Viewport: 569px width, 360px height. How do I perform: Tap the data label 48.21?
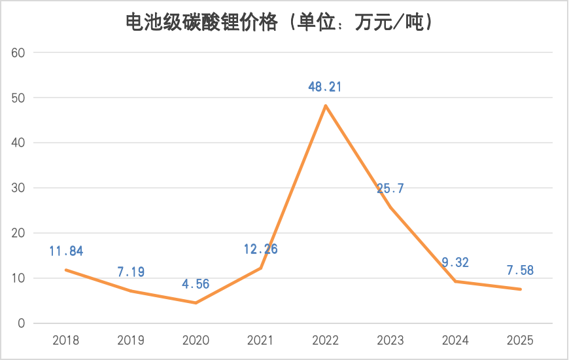325,87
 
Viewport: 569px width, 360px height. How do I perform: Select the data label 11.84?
66,251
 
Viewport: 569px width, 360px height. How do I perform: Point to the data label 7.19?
131,272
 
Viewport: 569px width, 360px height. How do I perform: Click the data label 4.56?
196,285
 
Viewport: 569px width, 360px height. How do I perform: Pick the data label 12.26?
260,249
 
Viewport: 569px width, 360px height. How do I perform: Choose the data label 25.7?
390,189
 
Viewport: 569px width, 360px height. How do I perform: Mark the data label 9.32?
455,263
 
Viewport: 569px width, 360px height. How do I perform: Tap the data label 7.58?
521,270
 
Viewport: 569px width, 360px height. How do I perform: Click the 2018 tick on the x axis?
66,340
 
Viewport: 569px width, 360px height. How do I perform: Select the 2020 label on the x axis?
196,340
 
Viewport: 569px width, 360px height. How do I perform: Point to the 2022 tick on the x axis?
325,340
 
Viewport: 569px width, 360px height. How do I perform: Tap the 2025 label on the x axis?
521,340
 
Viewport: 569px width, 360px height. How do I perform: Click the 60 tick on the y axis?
18,52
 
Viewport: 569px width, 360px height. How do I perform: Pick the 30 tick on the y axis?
18,188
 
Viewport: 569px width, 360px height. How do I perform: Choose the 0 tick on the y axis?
21,323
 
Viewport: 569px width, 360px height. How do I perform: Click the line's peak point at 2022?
325,105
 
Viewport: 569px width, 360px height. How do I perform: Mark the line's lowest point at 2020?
196,302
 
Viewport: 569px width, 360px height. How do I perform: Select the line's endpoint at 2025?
521,289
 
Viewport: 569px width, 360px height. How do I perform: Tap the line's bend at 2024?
455,281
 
